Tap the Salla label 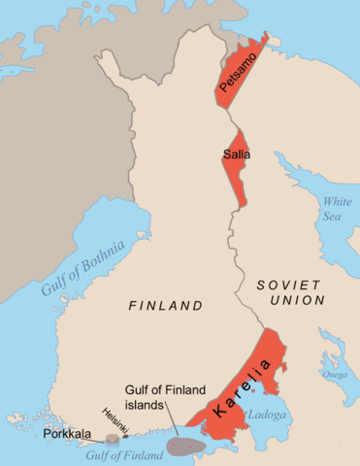[x=233, y=161]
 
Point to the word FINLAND [x=166, y=306]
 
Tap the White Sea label [x=337, y=209]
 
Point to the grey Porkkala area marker [x=114, y=440]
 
